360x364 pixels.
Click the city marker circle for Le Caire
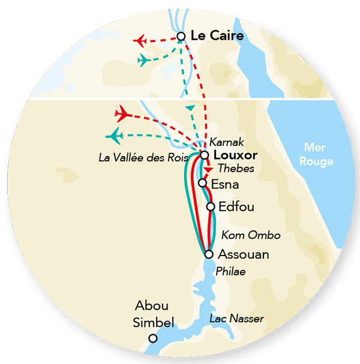(181, 37)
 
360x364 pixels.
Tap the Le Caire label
(217, 37)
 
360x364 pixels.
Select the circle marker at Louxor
(205, 155)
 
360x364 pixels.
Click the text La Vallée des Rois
(143, 158)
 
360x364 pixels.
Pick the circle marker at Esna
(203, 182)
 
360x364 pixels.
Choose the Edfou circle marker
(211, 207)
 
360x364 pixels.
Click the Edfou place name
(237, 207)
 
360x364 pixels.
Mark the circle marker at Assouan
(208, 254)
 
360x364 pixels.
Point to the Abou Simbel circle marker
(153, 338)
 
